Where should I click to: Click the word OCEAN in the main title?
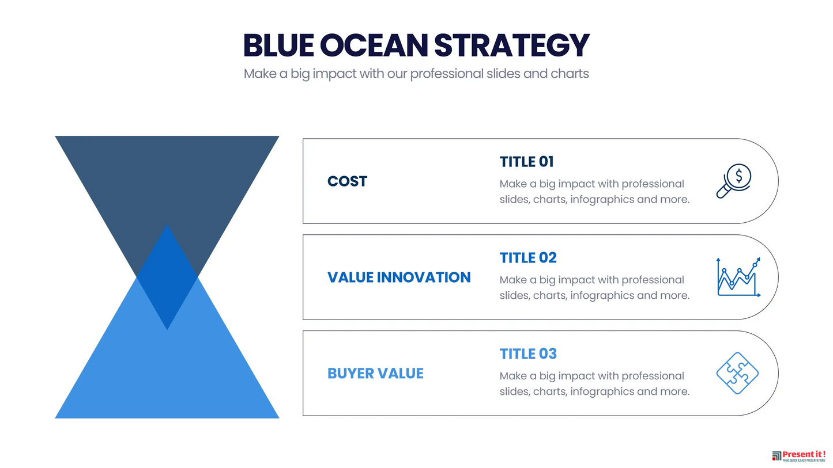[374, 45]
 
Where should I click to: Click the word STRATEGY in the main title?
[512, 45]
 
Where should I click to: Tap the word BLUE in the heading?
[278, 45]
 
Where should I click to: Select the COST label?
[347, 181]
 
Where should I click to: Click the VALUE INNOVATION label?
[399, 277]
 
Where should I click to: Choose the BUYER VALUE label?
[375, 373]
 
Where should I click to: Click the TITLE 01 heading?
[526, 162]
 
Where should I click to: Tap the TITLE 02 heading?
[528, 258]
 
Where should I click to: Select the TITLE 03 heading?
[528, 353]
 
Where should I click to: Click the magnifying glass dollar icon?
[734, 181]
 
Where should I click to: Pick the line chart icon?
[738, 277]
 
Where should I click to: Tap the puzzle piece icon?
[737, 373]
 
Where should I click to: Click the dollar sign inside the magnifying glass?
[739, 176]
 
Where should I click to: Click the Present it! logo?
[798, 456]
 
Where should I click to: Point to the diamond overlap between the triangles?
[167, 277]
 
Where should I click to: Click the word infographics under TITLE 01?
[602, 199]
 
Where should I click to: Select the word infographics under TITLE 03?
[602, 391]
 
